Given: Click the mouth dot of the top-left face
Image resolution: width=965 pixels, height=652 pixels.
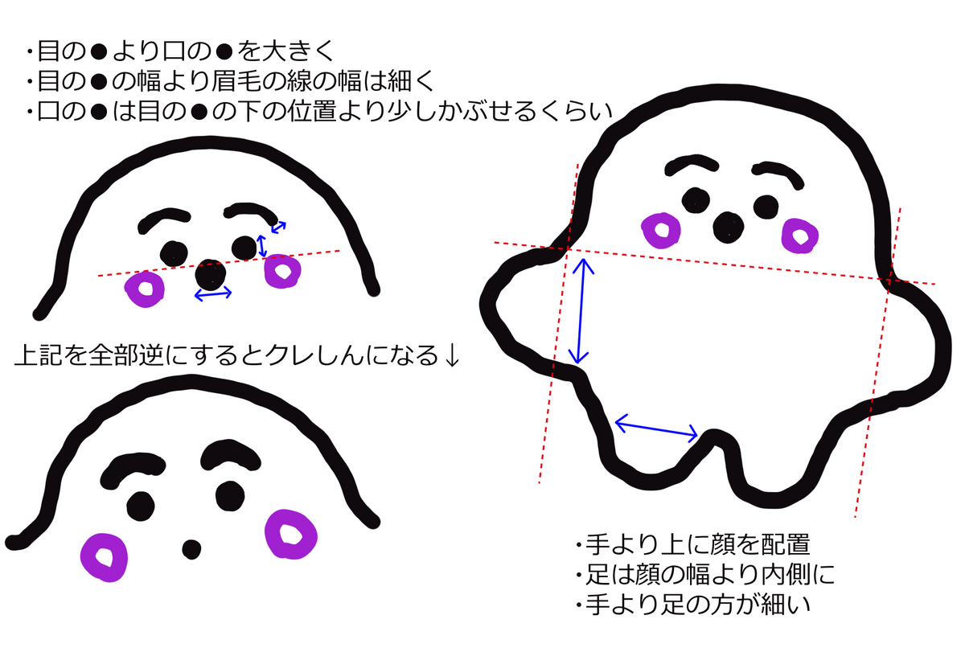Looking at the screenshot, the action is (x=210, y=275).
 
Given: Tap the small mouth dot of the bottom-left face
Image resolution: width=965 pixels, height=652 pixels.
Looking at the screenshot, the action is (x=191, y=550).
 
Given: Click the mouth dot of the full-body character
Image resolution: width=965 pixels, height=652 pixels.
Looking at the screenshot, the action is (x=728, y=228).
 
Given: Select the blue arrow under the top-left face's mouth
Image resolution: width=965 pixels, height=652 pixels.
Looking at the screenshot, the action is (x=213, y=294).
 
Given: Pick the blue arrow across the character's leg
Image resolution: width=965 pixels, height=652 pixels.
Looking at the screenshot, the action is (x=656, y=429).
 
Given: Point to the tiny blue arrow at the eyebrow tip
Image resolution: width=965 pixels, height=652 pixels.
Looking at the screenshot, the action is (x=278, y=227).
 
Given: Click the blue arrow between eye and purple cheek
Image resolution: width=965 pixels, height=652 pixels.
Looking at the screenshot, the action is (x=262, y=246).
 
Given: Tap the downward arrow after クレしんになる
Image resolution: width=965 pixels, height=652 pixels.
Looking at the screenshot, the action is (x=452, y=355).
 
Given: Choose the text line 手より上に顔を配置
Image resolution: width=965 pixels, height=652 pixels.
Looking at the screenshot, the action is (x=696, y=544).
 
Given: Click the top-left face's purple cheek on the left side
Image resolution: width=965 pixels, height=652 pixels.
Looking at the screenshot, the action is (x=145, y=289).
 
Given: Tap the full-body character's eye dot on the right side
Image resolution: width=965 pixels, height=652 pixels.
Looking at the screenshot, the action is (x=766, y=207).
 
